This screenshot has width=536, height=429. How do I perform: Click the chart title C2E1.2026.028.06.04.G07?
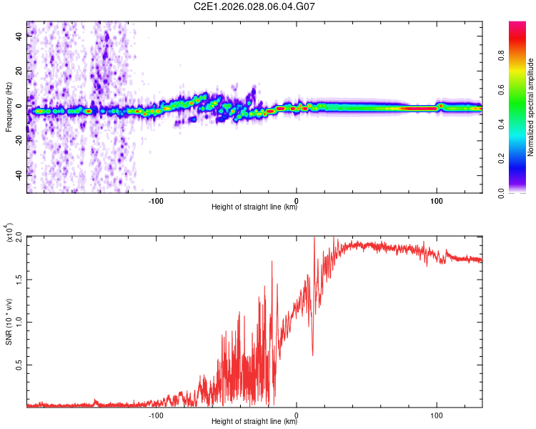[254, 6]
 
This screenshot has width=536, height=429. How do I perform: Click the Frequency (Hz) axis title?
[9, 107]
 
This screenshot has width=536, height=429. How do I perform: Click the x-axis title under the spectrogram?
[254, 207]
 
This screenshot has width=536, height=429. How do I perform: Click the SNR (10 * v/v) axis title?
[9, 321]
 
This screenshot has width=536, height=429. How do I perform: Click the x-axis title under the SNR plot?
[254, 422]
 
